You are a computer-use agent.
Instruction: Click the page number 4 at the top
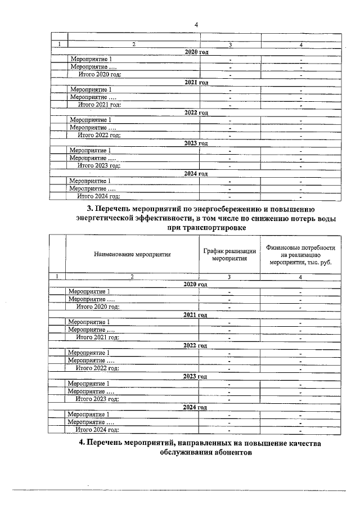pyautogui.click(x=196, y=25)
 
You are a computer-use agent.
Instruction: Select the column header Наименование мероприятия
pyautogui.click(x=132, y=254)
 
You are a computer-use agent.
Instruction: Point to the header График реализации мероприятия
pyautogui.click(x=229, y=254)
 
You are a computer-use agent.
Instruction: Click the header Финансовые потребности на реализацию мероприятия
pyautogui.click(x=300, y=254)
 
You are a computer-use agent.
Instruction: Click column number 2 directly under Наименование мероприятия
pyautogui.click(x=132, y=277)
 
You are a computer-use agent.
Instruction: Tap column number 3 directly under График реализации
pyautogui.click(x=229, y=277)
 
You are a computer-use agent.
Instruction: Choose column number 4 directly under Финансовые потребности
pyautogui.click(x=300, y=277)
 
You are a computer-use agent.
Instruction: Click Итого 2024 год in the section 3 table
pyautogui.click(x=97, y=430)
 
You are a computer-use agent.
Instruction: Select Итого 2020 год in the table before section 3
pyautogui.click(x=99, y=74)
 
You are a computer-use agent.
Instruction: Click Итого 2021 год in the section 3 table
pyautogui.click(x=97, y=337)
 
